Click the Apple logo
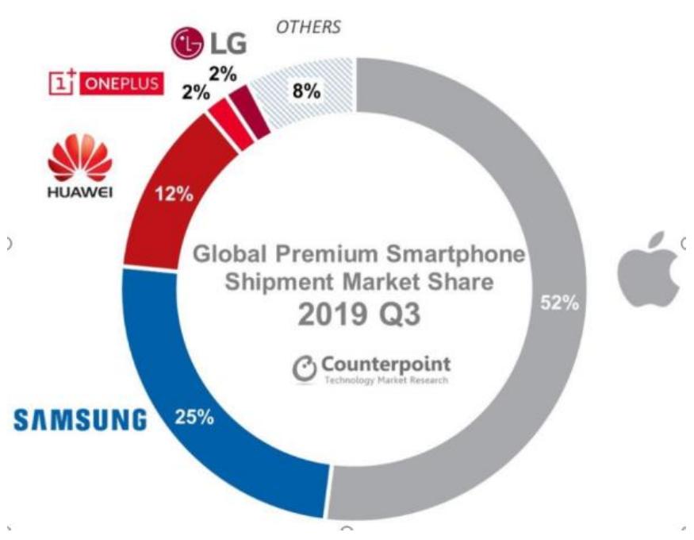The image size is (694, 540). (x=649, y=270)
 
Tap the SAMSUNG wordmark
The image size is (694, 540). (x=79, y=418)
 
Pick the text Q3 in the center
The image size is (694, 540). (x=391, y=315)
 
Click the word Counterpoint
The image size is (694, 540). (x=385, y=364)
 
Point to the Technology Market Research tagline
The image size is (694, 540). (x=385, y=380)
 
